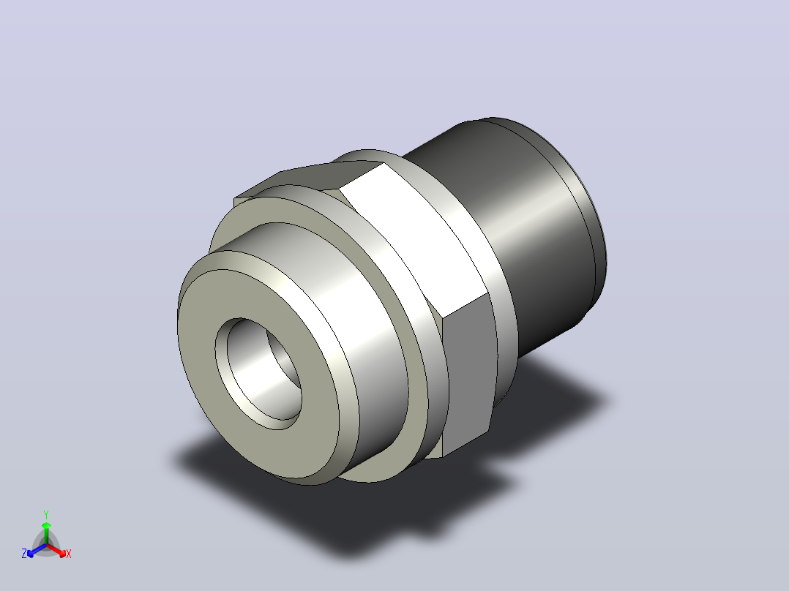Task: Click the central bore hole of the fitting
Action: [258, 374]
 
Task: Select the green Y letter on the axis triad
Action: [46, 514]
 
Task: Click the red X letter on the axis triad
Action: [69, 554]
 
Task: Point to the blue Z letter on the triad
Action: [24, 553]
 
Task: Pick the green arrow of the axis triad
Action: [46, 532]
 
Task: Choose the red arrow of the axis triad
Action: [56, 549]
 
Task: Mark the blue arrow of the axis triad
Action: [37, 550]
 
